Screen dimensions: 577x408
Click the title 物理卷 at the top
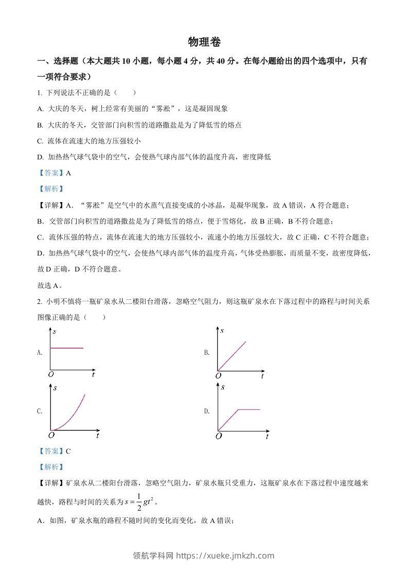click(204, 42)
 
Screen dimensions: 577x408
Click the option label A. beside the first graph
click(40, 353)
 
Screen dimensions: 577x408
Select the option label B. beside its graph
click(207, 353)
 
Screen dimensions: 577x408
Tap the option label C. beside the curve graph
click(40, 411)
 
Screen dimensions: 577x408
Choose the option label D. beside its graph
click(207, 411)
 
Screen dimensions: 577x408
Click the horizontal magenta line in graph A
click(66, 348)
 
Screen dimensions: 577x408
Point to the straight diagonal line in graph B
click(232, 355)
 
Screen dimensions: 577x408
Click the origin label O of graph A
click(51, 374)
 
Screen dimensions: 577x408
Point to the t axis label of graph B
click(262, 376)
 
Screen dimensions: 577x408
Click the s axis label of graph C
click(55, 387)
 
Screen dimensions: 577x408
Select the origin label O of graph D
click(219, 436)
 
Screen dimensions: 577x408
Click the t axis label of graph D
click(267, 437)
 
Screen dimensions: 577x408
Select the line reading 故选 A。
click(50, 286)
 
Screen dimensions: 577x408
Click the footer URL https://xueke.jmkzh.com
click(225, 555)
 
